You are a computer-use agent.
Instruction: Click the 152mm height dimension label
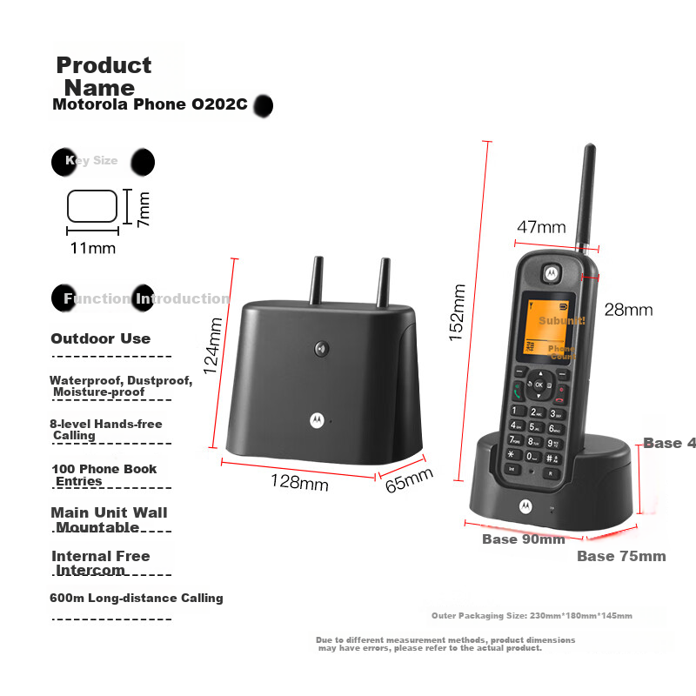click(x=458, y=312)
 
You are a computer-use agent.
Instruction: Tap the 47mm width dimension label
click(x=541, y=227)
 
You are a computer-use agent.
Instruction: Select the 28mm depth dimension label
click(x=628, y=310)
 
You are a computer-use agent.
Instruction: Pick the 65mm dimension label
click(x=409, y=479)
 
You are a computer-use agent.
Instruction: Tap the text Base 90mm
click(x=524, y=539)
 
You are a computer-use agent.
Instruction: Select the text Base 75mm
click(x=621, y=556)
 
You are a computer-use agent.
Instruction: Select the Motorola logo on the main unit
click(x=316, y=419)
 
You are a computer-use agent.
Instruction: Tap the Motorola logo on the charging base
click(x=525, y=506)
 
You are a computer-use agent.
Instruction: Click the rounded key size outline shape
click(x=92, y=206)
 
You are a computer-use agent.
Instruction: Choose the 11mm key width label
click(x=92, y=248)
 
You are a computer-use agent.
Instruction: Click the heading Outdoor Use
click(x=100, y=339)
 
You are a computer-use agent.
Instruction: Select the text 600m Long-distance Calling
click(x=137, y=599)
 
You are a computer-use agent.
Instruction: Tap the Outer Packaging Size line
click(x=532, y=616)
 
